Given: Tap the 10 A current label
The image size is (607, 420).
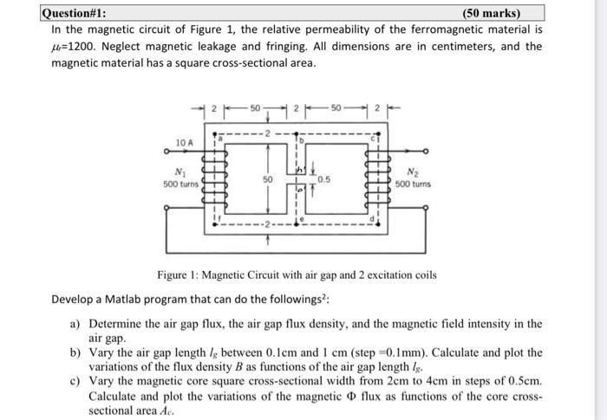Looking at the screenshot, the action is [x=185, y=141].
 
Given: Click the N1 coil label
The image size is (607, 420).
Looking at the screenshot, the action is [x=181, y=173].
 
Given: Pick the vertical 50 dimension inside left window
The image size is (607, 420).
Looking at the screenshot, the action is [x=268, y=179].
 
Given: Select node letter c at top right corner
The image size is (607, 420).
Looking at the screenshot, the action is [x=371, y=136].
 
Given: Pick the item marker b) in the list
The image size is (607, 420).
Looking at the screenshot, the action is [x=75, y=353].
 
